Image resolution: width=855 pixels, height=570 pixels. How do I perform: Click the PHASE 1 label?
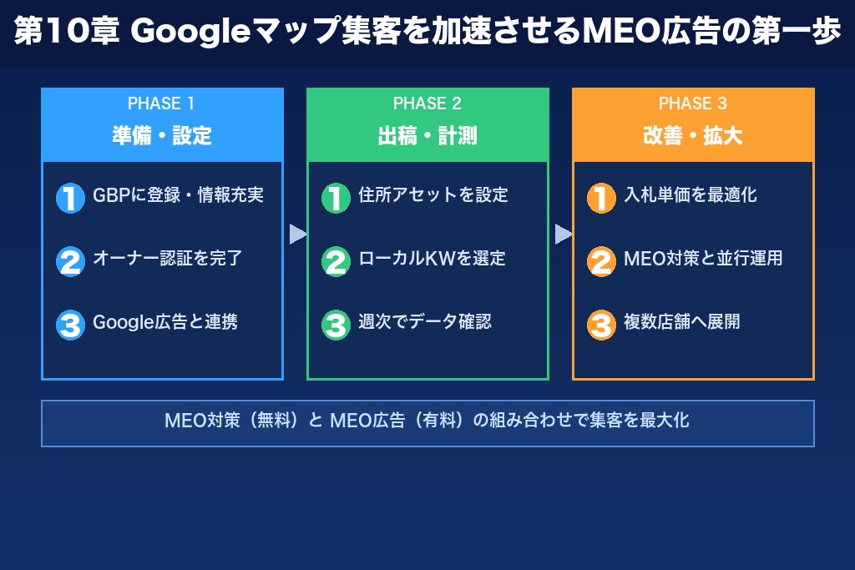(x=161, y=103)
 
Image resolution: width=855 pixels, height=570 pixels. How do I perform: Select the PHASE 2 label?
(x=427, y=103)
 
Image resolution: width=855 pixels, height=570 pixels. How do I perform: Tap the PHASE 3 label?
(x=692, y=103)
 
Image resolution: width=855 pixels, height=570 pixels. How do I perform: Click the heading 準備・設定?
(x=162, y=135)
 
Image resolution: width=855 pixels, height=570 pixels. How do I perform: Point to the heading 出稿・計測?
(x=427, y=135)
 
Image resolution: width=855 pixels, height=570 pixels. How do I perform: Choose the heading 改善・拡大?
(x=693, y=135)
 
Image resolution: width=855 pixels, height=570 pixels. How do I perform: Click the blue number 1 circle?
(x=70, y=198)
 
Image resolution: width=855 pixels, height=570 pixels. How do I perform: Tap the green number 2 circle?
(x=336, y=261)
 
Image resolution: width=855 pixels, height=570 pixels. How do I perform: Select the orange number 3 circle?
(x=601, y=325)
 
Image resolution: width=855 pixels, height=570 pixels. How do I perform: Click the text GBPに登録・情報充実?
(x=178, y=195)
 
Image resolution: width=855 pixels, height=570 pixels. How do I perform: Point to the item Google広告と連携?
(x=165, y=322)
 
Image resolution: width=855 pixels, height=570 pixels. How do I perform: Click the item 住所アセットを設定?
(x=433, y=195)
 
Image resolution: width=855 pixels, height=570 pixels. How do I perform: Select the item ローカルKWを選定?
(x=432, y=259)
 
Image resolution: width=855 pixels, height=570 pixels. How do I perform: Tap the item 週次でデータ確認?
(x=425, y=322)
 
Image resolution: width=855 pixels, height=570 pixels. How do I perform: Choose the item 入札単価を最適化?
(x=690, y=195)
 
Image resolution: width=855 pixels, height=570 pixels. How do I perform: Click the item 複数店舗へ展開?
(x=681, y=322)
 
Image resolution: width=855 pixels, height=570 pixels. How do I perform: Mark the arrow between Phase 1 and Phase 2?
(x=297, y=235)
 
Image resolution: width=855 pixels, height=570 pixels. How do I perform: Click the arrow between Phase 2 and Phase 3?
(x=563, y=235)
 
